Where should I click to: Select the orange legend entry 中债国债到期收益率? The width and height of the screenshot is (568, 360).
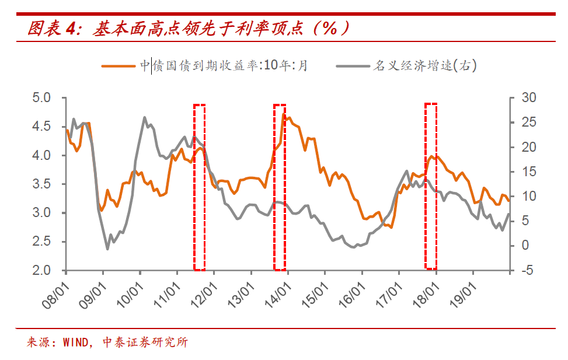point(204,65)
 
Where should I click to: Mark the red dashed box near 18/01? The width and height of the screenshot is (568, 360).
point(431,186)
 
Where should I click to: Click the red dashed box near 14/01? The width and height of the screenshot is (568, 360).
point(280,187)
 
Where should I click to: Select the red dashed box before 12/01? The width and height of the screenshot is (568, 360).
point(199,187)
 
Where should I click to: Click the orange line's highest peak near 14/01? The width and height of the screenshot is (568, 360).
point(284,116)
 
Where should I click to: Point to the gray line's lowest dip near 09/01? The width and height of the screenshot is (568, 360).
point(107,249)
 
